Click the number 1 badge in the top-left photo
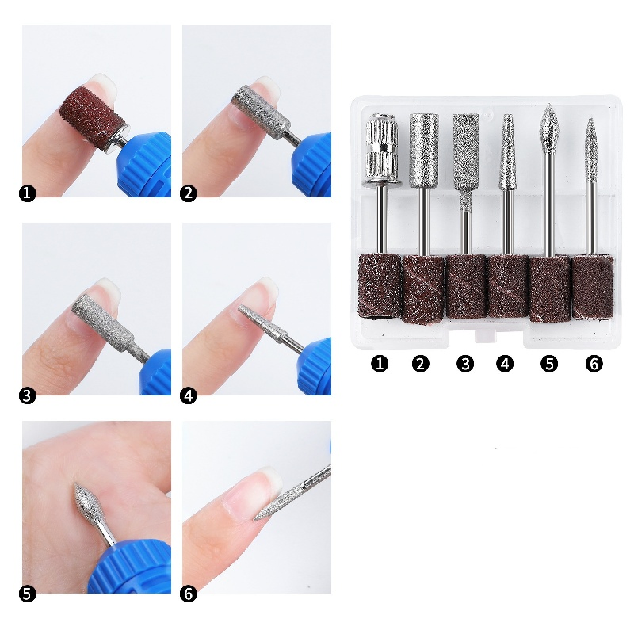pyautogui.click(x=28, y=193)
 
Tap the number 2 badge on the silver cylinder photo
pyautogui.click(x=189, y=193)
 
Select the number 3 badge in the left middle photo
pyautogui.click(x=28, y=394)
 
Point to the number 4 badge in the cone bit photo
pyautogui.click(x=189, y=394)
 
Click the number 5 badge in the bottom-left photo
pyautogui.click(x=28, y=593)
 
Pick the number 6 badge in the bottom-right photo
pyautogui.click(x=189, y=593)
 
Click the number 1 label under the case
pyautogui.click(x=380, y=364)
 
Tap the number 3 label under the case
pyautogui.click(x=465, y=364)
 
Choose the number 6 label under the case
pyautogui.click(x=594, y=364)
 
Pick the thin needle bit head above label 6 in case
pyautogui.click(x=590, y=147)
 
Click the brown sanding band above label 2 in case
pyautogui.click(x=422, y=287)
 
